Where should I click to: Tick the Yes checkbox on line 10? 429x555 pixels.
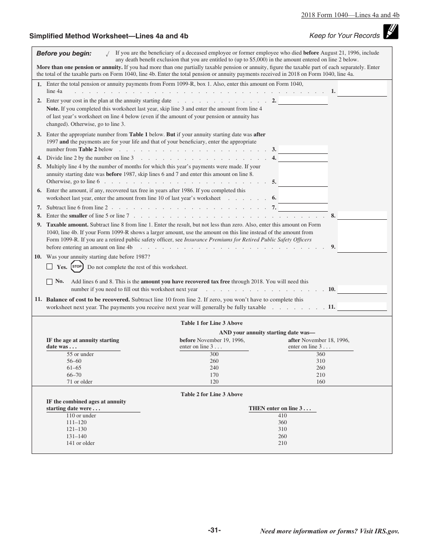click(50, 267)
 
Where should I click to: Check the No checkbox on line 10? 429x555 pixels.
click(50, 282)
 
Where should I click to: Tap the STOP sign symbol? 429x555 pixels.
click(77, 267)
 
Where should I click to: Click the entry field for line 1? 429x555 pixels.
click(362, 89)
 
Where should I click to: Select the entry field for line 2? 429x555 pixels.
click(303, 101)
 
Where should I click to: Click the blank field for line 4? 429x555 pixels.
click(303, 158)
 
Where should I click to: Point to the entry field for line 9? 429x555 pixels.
click(362, 236)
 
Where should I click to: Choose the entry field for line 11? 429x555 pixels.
click(362, 306)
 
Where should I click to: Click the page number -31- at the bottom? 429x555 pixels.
click(214, 530)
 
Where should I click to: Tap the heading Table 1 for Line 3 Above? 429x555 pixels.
click(212, 323)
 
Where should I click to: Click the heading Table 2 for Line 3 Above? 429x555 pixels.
click(212, 394)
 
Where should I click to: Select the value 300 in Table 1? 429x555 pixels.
click(214, 354)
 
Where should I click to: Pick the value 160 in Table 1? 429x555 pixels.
click(321, 382)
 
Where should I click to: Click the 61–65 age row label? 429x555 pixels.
click(74, 368)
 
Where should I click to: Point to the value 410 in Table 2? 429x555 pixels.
click(282, 416)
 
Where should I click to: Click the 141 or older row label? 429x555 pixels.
click(80, 443)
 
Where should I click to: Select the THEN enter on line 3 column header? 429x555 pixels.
click(280, 408)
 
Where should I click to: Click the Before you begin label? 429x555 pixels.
click(64, 53)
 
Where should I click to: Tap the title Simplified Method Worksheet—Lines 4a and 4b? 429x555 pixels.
click(109, 36)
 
